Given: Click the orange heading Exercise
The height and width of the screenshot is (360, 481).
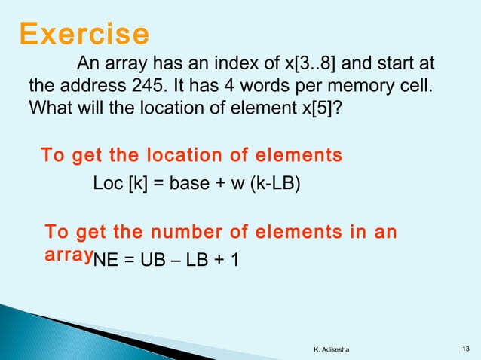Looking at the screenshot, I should (x=84, y=34).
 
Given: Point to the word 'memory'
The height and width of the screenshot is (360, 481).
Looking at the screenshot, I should (x=348, y=84).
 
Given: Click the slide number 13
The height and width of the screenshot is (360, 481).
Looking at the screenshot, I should (x=463, y=347).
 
